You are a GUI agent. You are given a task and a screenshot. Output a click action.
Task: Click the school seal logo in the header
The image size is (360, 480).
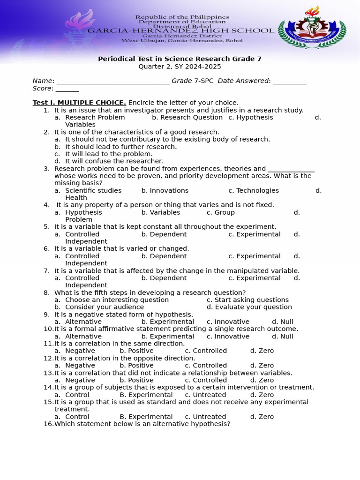[312, 30]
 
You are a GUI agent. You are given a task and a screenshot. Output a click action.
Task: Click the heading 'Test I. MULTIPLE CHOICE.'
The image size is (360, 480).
[79, 103]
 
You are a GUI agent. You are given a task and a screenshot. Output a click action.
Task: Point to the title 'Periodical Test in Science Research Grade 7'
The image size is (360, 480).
[180, 59]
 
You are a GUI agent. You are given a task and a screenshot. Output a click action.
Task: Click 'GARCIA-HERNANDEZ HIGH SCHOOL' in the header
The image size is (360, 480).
[181, 30]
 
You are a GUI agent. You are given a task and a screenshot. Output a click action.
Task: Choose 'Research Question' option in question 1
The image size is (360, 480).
[187, 117]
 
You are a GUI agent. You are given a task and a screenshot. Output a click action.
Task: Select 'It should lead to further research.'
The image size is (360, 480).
[121, 147]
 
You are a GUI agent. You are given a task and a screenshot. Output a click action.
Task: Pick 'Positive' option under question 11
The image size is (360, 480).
[136, 351]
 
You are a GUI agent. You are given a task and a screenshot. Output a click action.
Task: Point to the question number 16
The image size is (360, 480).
[48, 424]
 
